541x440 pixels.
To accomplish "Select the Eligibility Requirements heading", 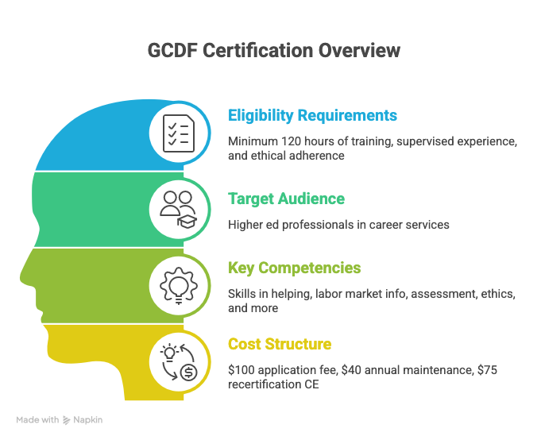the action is tap(312, 115).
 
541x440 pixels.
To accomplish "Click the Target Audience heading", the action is tap(286, 199).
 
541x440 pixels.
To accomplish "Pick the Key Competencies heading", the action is tap(294, 268).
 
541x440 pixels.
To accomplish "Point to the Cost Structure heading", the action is tap(280, 344).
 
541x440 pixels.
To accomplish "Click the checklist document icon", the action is tap(179, 133).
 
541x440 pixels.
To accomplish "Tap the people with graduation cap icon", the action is tap(179, 210).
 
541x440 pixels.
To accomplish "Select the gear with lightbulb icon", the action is tap(179, 286).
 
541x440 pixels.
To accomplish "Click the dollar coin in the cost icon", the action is tap(189, 372).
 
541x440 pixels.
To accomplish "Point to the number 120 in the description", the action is tap(290, 141).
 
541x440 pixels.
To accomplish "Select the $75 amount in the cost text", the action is tap(487, 370).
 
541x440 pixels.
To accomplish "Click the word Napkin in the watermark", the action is tap(88, 420).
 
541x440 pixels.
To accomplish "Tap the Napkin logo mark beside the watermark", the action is tap(66, 420).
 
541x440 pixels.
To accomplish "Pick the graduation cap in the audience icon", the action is tap(187, 221).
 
